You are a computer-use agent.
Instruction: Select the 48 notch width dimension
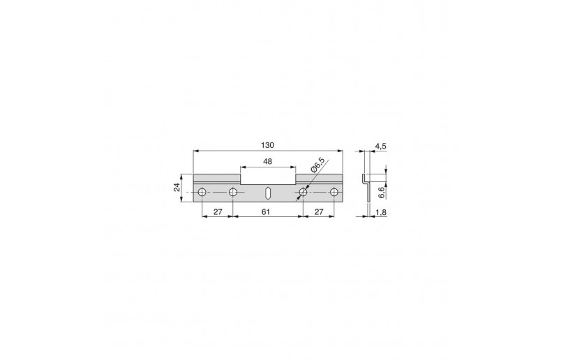point(267,161)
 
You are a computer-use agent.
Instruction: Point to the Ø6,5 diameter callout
point(315,168)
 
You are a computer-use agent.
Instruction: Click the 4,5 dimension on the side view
point(380,146)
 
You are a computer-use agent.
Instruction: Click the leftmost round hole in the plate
point(202,193)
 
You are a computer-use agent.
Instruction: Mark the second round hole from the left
point(234,193)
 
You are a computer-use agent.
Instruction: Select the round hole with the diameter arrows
point(303,193)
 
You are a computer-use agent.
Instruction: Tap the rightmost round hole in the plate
point(334,193)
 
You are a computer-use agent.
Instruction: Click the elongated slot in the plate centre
point(268,193)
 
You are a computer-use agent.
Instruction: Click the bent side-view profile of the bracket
point(364,189)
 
